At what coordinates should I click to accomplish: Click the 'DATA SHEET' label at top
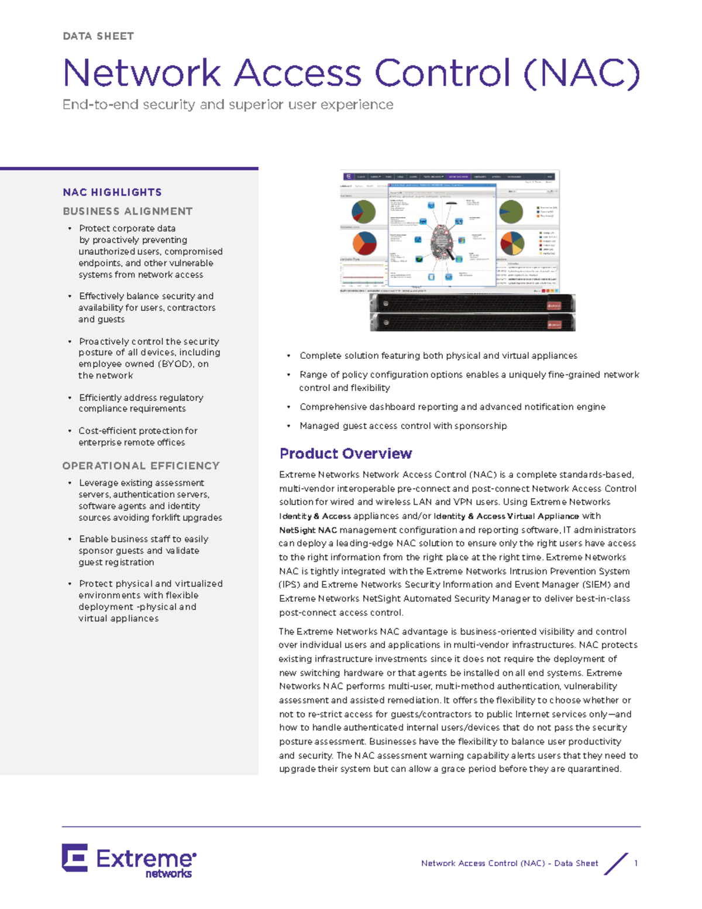pyautogui.click(x=98, y=36)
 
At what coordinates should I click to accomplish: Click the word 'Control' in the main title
pyautogui.click(x=442, y=74)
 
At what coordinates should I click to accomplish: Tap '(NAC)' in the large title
pyautogui.click(x=581, y=74)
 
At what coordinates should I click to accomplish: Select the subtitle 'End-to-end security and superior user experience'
pyautogui.click(x=228, y=105)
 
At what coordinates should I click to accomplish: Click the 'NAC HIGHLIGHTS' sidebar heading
pyautogui.click(x=112, y=193)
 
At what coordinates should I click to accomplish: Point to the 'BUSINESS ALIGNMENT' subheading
pyautogui.click(x=128, y=211)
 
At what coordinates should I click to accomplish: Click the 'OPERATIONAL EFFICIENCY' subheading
pyautogui.click(x=141, y=466)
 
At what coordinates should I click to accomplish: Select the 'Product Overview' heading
pyautogui.click(x=345, y=454)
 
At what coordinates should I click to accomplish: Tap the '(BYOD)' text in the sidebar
pyautogui.click(x=175, y=364)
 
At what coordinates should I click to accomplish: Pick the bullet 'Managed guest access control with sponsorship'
pyautogui.click(x=402, y=426)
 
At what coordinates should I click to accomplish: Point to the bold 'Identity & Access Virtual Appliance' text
pyautogui.click(x=506, y=516)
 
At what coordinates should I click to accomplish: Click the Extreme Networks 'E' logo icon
pyautogui.click(x=75, y=857)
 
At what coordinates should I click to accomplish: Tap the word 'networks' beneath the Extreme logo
pyautogui.click(x=168, y=874)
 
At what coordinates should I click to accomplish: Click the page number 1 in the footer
pyautogui.click(x=636, y=863)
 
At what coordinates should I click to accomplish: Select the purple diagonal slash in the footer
pyautogui.click(x=615, y=864)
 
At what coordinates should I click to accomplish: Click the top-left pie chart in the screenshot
pyautogui.click(x=363, y=212)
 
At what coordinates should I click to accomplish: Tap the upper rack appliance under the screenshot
pyautogui.click(x=472, y=303)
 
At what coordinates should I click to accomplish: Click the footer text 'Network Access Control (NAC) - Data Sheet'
pyautogui.click(x=509, y=863)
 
